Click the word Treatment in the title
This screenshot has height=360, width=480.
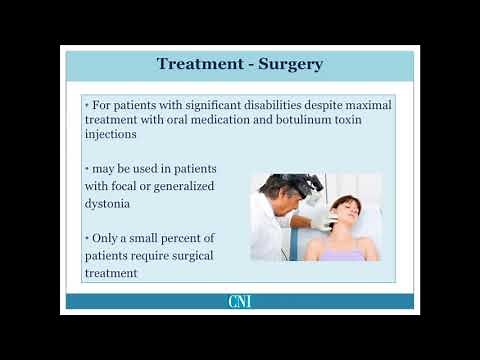coord(196,64)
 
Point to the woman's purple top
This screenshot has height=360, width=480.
coord(344,254)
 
